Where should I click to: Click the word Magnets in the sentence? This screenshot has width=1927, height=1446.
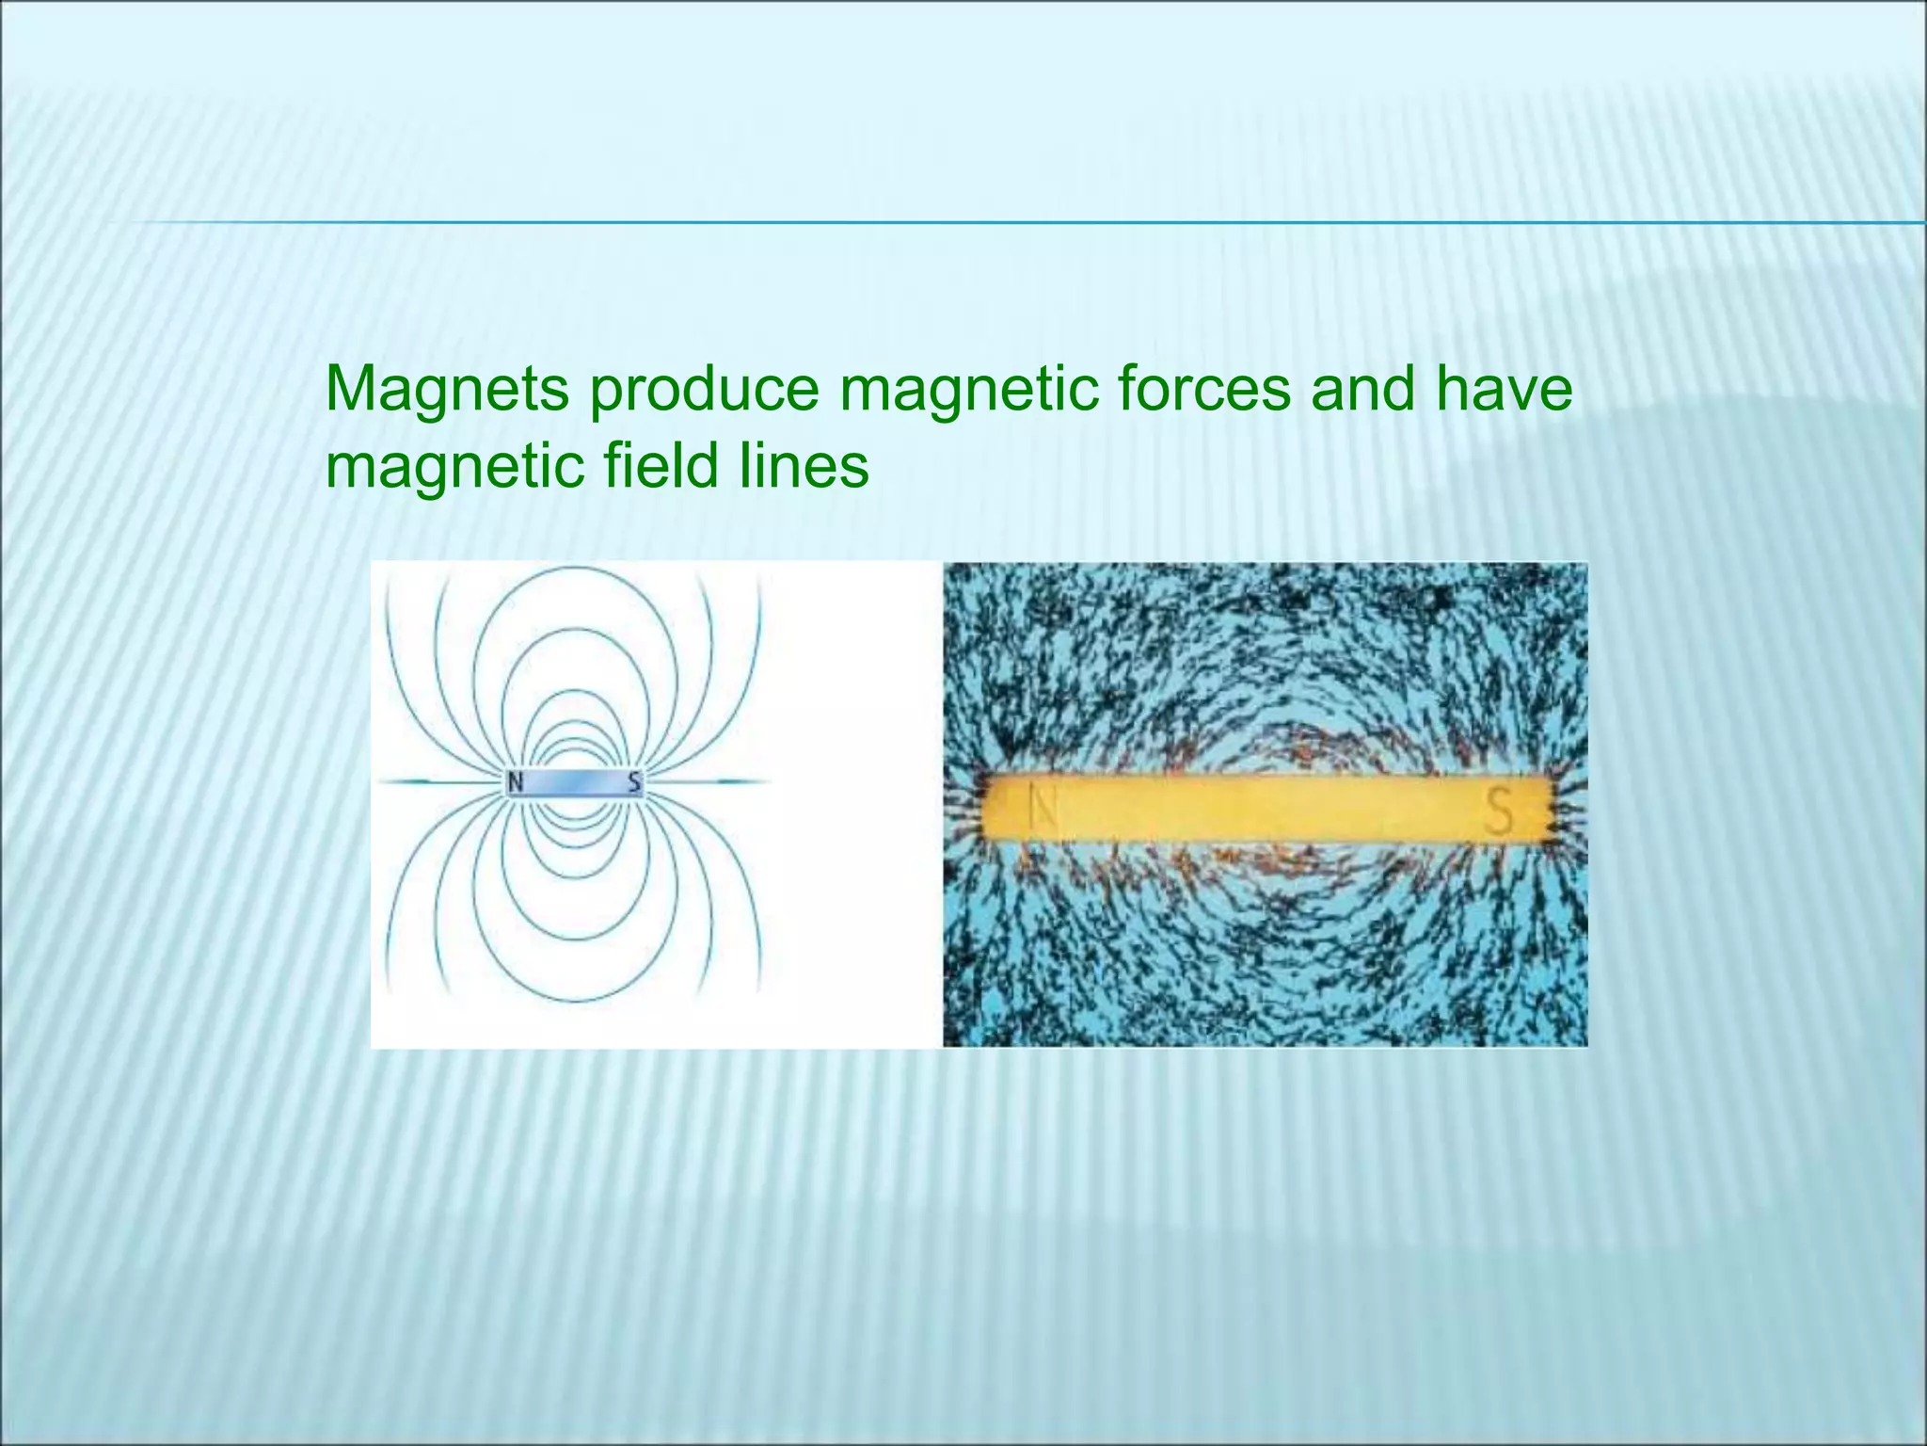(447, 389)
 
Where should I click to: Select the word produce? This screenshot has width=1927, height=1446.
(705, 389)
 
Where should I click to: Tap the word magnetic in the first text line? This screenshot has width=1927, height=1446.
(969, 389)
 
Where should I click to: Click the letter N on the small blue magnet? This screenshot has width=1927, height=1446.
(516, 781)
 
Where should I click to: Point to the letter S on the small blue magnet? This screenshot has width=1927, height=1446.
(635, 781)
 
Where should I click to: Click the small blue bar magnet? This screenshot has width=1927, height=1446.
(575, 781)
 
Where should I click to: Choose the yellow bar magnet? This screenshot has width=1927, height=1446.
(1266, 808)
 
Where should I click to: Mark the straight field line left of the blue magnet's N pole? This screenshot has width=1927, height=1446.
(438, 781)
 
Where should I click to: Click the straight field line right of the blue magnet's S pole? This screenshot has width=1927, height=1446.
(706, 781)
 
